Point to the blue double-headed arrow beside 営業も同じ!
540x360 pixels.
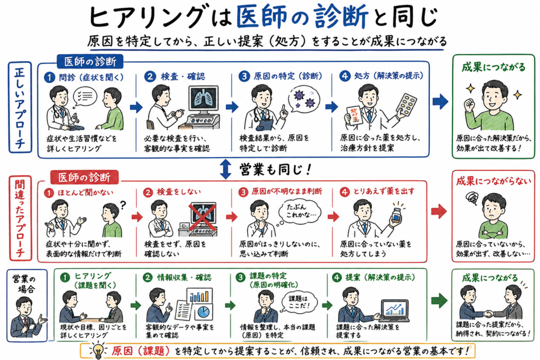coord(225,169)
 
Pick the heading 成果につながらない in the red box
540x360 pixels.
coord(493,180)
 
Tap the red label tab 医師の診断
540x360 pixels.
coord(84,177)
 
